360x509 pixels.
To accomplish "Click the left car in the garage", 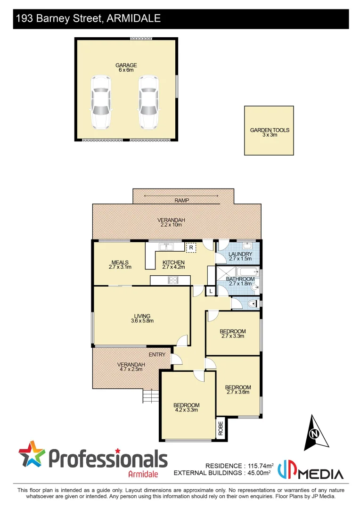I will [101, 102].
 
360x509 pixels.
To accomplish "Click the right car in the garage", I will [147, 102].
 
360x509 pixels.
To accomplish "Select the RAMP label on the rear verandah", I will [181, 200].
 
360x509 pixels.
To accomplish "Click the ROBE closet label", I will [221, 429].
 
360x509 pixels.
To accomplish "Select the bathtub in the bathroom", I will [246, 272].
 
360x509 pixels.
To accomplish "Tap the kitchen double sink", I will [166, 246].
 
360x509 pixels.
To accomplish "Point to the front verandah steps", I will [150, 396].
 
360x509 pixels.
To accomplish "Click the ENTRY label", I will [157, 354].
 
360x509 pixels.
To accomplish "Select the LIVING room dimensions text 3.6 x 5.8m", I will [142, 321].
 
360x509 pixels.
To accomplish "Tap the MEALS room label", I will [117, 263].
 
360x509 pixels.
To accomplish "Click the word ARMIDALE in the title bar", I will [134, 19].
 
